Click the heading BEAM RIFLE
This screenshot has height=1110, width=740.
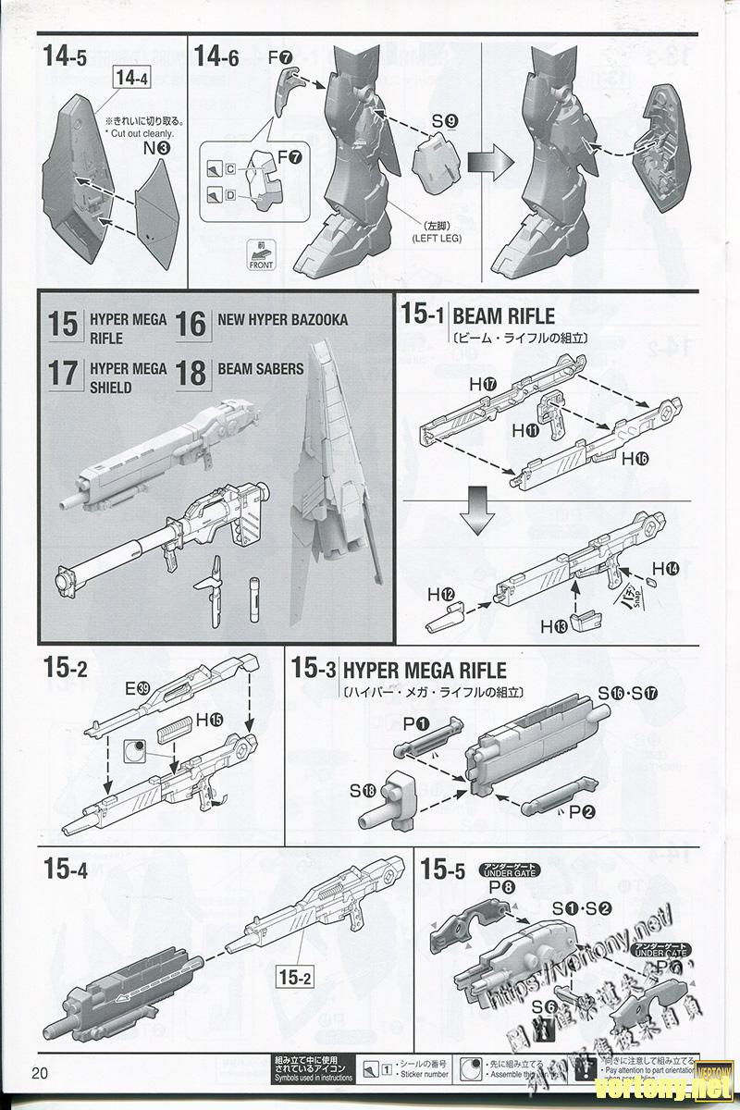[504, 315]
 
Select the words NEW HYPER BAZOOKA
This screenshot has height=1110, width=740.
[283, 320]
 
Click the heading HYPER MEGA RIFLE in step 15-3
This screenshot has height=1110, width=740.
[424, 669]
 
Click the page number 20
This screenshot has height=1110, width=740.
[39, 1073]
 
